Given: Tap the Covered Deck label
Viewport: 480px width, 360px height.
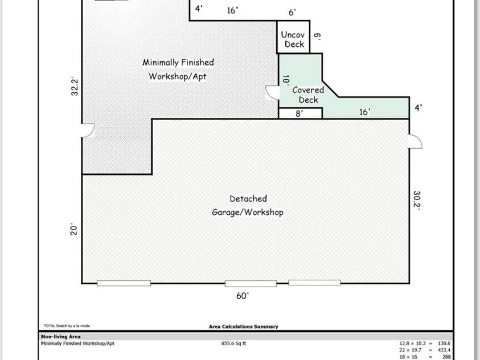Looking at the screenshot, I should click(308, 95).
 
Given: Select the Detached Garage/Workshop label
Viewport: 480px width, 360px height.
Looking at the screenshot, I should click(248, 206).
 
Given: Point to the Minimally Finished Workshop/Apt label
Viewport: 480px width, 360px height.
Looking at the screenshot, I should click(178, 69).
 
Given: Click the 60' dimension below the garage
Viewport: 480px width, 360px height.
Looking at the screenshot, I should click(243, 296).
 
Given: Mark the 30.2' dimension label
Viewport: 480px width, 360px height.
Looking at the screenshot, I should click(416, 201).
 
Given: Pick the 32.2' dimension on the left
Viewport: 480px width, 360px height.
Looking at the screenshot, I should click(74, 87).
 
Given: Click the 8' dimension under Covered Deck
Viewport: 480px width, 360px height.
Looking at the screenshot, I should click(299, 113).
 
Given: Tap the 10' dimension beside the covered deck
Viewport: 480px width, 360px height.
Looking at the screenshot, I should click(285, 80).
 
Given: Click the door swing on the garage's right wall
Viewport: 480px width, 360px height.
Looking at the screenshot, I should click(415, 141).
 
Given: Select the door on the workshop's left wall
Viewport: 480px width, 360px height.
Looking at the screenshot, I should click(88, 130).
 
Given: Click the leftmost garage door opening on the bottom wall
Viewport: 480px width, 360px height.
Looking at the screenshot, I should click(124, 283).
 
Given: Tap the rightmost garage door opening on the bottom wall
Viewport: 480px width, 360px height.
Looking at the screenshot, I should click(314, 283).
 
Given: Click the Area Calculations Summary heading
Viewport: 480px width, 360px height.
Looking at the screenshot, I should click(243, 326).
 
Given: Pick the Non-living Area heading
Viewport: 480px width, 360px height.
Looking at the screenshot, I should click(60, 337).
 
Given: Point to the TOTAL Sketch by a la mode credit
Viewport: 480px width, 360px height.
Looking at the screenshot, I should click(67, 326).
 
